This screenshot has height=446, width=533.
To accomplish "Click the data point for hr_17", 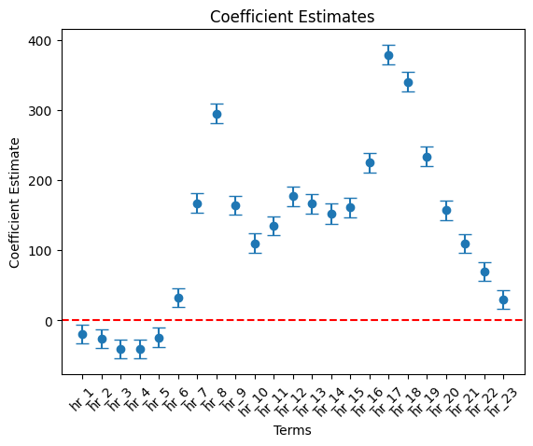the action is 389,55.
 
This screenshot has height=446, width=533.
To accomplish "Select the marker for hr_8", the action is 217,114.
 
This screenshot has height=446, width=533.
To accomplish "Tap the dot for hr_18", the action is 408,82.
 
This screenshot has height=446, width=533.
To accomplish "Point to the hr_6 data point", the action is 178,298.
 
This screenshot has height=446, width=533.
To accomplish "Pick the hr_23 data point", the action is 504,300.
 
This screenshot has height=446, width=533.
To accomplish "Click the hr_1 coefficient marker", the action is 82,335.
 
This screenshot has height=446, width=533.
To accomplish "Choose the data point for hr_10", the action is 255,244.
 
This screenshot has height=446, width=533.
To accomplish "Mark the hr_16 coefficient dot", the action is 370,163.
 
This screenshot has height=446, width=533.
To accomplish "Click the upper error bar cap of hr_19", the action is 428,147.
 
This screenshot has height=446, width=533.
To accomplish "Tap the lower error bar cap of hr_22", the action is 484,281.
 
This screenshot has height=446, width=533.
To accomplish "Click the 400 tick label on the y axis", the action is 39,41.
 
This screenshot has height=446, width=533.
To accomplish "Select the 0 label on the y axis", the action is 49,321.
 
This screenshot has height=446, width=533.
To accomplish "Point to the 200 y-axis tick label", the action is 39,181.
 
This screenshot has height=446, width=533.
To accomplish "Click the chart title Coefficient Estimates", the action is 292,17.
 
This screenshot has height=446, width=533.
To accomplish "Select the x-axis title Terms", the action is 292,430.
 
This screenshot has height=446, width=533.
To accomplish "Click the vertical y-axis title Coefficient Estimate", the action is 14,202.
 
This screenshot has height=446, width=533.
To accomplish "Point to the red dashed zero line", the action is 293,320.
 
